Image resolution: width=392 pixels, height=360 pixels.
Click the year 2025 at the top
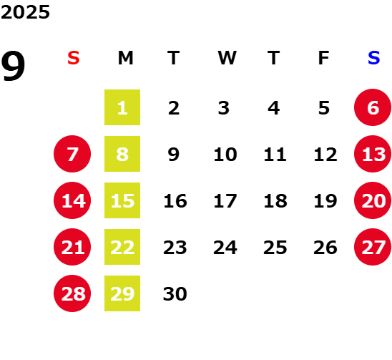pyautogui.click(x=25, y=12)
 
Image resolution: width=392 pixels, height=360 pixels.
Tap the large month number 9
pyautogui.click(x=13, y=66)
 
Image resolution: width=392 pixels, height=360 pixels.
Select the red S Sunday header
pyautogui.click(x=74, y=58)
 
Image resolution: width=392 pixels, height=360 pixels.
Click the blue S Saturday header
pyautogui.click(x=373, y=58)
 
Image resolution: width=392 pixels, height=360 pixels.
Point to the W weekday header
pyautogui.click(x=227, y=58)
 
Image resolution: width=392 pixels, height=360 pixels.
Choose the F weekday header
pyautogui.click(x=324, y=58)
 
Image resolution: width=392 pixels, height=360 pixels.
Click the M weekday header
pyautogui.click(x=125, y=58)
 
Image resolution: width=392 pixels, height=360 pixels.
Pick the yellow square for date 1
pyautogui.click(x=122, y=107)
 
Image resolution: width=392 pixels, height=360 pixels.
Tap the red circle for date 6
pyautogui.click(x=373, y=107)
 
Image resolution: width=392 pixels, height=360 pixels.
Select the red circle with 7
pyautogui.click(x=72, y=154)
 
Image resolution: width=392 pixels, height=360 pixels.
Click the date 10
pyautogui.click(x=225, y=155)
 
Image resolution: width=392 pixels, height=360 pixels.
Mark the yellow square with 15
pyautogui.click(x=122, y=200)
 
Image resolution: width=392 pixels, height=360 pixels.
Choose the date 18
pyautogui.click(x=275, y=201)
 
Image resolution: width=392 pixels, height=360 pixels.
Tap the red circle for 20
pyautogui.click(x=373, y=200)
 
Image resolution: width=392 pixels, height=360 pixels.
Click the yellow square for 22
pyautogui.click(x=122, y=247)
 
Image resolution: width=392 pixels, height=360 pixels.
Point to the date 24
pyautogui.click(x=225, y=248)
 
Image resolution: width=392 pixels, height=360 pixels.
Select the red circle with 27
pyautogui.click(x=373, y=247)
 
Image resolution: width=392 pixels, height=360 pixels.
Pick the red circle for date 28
pyautogui.click(x=72, y=293)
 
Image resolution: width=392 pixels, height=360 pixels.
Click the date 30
pyautogui.click(x=175, y=294)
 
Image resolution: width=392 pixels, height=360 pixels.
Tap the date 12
pyautogui.click(x=325, y=155)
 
